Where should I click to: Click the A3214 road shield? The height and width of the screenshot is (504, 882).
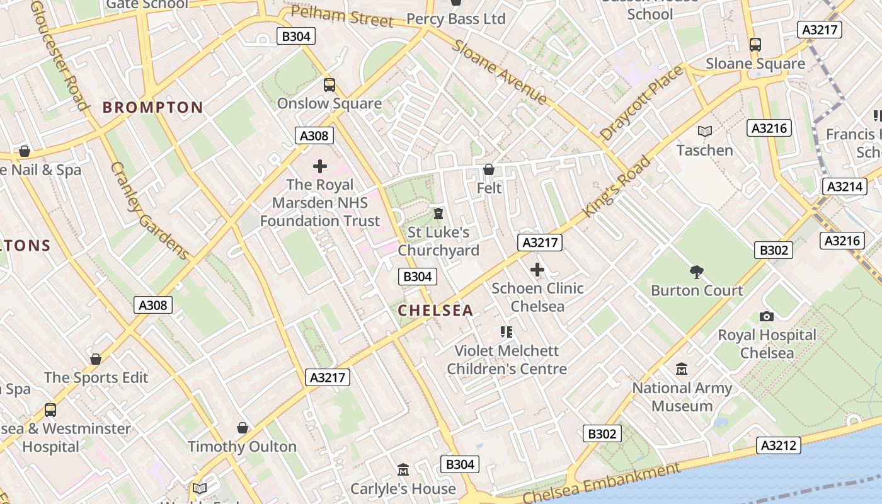click(x=844, y=186)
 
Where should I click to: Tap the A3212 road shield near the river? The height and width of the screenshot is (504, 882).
click(x=779, y=445)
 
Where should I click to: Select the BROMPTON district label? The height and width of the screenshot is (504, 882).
click(x=153, y=107)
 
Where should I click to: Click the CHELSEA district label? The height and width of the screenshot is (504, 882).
click(x=435, y=310)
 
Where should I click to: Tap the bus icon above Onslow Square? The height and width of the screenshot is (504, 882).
click(x=329, y=85)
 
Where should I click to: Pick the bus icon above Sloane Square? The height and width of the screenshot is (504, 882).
click(x=755, y=45)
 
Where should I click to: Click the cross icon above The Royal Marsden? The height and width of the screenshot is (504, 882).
click(x=320, y=166)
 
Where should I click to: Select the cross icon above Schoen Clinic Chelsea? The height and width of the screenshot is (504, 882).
click(x=537, y=270)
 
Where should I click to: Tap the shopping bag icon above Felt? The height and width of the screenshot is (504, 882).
click(x=489, y=169)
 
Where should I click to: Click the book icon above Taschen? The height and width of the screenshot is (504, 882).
click(x=705, y=131)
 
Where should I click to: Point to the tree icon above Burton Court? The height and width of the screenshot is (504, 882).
click(x=697, y=272)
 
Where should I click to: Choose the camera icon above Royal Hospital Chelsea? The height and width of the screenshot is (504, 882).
click(x=767, y=316)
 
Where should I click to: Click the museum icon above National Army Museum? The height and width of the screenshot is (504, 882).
click(x=682, y=369)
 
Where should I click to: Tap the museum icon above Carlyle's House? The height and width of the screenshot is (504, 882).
click(x=403, y=470)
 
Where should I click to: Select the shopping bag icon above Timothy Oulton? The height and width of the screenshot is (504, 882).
click(x=243, y=428)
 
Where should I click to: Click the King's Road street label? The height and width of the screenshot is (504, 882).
click(x=617, y=186)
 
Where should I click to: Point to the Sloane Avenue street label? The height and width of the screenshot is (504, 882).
click(x=500, y=72)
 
